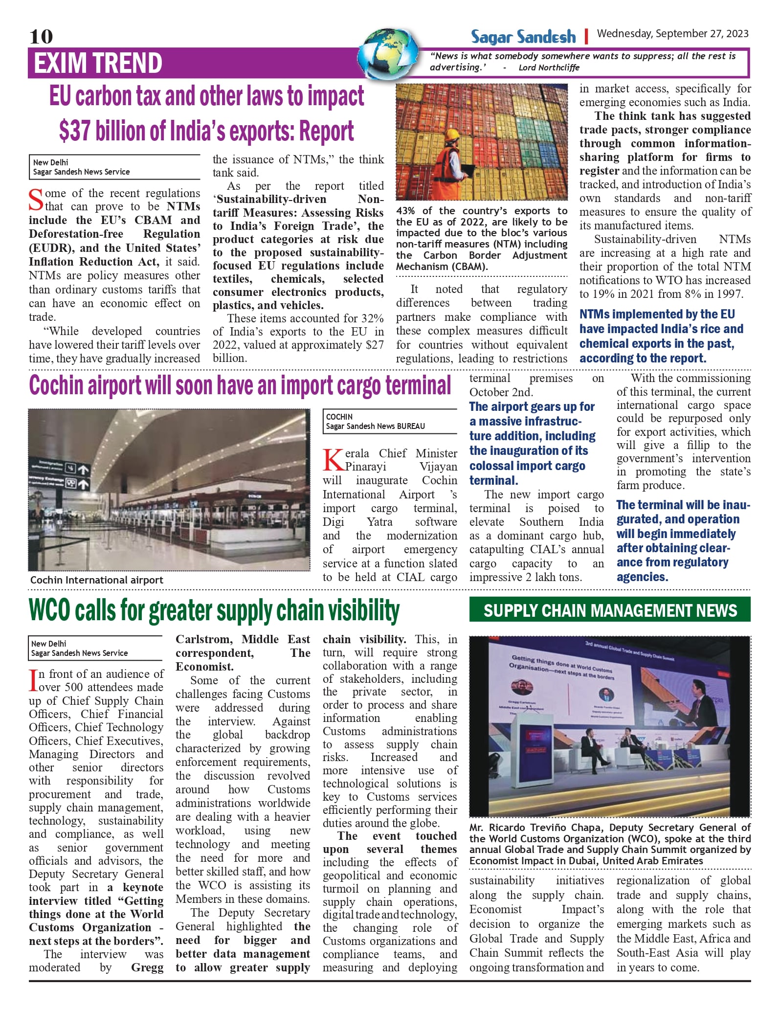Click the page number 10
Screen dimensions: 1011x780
click(x=41, y=36)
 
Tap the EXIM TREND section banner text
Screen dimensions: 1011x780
click(x=98, y=63)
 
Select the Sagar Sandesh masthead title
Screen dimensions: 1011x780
click(x=523, y=37)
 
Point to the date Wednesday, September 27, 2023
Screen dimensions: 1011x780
click(x=672, y=33)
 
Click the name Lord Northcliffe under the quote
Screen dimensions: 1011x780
click(x=549, y=67)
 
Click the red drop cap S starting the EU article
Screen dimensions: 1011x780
click(x=36, y=200)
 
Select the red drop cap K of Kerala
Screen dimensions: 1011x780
click(x=333, y=460)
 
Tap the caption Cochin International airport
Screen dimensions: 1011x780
click(x=97, y=580)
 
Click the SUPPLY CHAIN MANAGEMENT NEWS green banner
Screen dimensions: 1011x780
click(x=610, y=610)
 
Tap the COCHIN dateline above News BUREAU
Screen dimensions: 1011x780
click(x=339, y=417)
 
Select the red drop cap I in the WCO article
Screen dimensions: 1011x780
click(x=33, y=680)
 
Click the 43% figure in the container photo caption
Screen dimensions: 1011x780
click(x=405, y=211)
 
